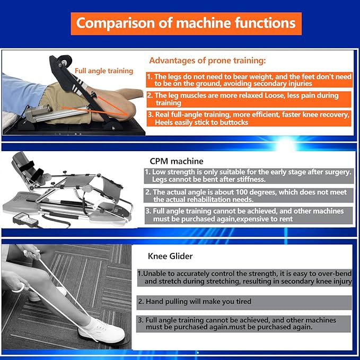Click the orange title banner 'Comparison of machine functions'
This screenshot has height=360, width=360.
186,24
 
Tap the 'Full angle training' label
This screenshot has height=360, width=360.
104,71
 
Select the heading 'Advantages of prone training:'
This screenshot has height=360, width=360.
207,60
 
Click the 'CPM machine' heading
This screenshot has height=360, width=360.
177,161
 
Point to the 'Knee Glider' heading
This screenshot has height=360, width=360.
170,256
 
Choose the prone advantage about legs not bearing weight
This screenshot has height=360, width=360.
249,80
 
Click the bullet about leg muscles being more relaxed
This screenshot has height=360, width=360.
249,99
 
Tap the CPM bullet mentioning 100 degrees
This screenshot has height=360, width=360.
249,196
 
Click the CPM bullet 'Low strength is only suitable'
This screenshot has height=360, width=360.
249,175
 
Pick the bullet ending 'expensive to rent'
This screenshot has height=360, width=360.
249,215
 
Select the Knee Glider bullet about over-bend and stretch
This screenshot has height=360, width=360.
244,278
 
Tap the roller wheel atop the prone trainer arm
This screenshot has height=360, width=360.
65,61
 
